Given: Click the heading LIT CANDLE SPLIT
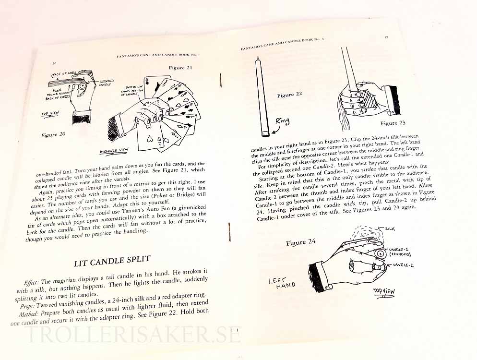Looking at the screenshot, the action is click(112, 261).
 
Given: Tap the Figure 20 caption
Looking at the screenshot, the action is click(53, 134).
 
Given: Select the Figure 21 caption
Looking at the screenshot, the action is click(181, 68).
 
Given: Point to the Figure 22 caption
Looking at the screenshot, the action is click(289, 95).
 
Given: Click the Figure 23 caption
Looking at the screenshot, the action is click(393, 123).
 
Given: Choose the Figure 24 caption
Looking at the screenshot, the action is click(300, 242).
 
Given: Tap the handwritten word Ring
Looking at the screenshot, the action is click(282, 121).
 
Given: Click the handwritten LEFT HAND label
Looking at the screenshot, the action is click(281, 283).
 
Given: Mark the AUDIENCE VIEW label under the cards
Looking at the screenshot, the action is click(114, 151).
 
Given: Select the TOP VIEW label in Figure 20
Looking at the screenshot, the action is click(50, 114).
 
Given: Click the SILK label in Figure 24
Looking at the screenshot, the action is click(390, 228).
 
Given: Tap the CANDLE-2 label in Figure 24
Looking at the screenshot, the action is click(403, 265).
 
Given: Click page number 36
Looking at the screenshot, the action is click(54, 64).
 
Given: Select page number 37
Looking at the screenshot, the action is click(386, 37).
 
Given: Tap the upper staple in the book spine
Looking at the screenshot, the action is click(221, 80).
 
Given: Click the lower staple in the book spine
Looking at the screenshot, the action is click(229, 232).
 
